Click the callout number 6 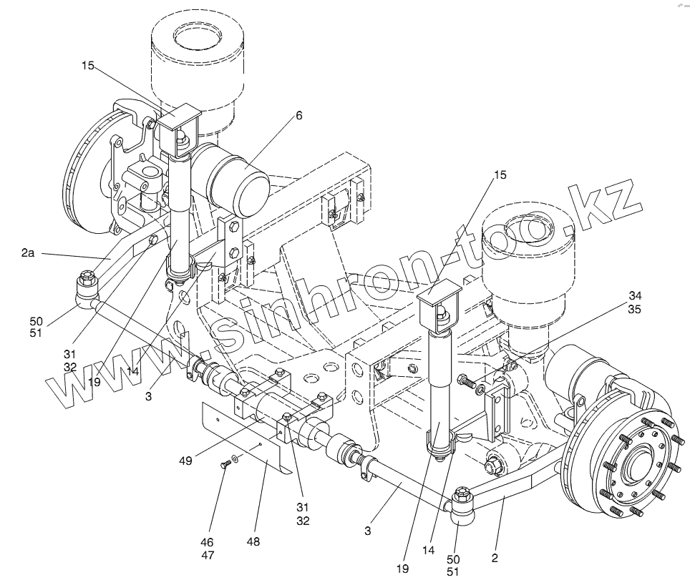click(298, 114)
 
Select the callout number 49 click(185, 461)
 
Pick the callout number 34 click(636, 296)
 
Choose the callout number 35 click(636, 309)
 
